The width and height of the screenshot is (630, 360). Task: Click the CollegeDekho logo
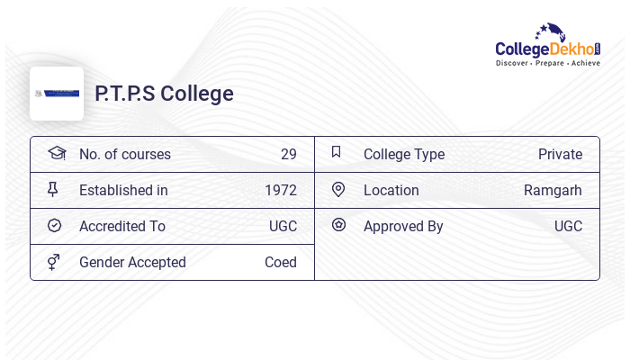click(547, 46)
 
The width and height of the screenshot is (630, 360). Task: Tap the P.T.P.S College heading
click(164, 94)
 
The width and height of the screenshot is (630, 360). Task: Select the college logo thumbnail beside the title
click(57, 94)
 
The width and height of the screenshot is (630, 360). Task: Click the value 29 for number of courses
click(288, 154)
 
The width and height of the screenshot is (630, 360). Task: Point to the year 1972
click(280, 190)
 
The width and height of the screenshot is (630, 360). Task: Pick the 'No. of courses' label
click(124, 154)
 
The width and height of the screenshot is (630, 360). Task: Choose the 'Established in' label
click(123, 190)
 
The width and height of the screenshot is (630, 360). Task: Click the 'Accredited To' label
click(121, 226)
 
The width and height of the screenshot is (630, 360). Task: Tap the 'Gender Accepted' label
click(132, 262)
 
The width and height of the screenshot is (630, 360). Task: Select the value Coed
click(280, 262)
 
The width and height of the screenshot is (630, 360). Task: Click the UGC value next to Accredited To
click(283, 226)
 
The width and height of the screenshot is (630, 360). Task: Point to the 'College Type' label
click(403, 154)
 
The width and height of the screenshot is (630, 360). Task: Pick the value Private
click(560, 154)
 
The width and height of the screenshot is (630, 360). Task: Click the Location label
click(391, 190)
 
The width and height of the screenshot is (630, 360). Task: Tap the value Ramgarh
click(553, 190)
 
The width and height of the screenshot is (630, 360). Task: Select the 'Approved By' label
click(403, 226)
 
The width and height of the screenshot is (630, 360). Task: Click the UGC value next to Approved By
click(568, 226)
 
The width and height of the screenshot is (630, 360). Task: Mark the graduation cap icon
click(57, 153)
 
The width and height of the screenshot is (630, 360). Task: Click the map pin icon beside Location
click(338, 189)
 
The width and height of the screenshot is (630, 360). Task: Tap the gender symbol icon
click(54, 262)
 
